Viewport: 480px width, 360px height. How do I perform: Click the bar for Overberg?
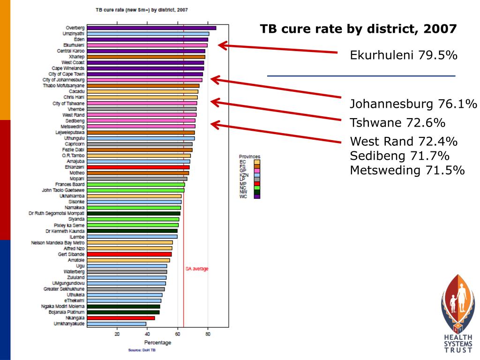(x=151, y=28)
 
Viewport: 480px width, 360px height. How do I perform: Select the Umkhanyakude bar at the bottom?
(x=117, y=323)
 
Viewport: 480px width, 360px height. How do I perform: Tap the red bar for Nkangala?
(x=121, y=318)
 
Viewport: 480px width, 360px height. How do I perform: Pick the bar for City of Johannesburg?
(x=145, y=80)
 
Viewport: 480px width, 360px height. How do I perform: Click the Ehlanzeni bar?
(x=138, y=167)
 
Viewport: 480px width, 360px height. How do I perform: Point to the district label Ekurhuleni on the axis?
(x=74, y=45)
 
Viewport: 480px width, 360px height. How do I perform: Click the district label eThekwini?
(x=74, y=300)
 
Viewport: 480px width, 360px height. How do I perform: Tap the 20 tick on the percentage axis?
(x=117, y=334)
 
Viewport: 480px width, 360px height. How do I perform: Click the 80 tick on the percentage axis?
(x=208, y=334)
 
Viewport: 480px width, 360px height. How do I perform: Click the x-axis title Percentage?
(x=157, y=343)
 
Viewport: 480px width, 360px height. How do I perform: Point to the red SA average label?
(x=197, y=269)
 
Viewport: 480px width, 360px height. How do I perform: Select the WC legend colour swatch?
(x=256, y=197)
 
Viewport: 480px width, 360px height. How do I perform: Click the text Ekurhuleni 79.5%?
(x=404, y=56)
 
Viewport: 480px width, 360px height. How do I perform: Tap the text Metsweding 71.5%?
(x=407, y=170)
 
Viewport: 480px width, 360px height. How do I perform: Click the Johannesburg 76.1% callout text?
(x=413, y=104)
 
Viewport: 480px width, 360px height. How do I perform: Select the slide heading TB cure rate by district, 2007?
(x=358, y=29)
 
